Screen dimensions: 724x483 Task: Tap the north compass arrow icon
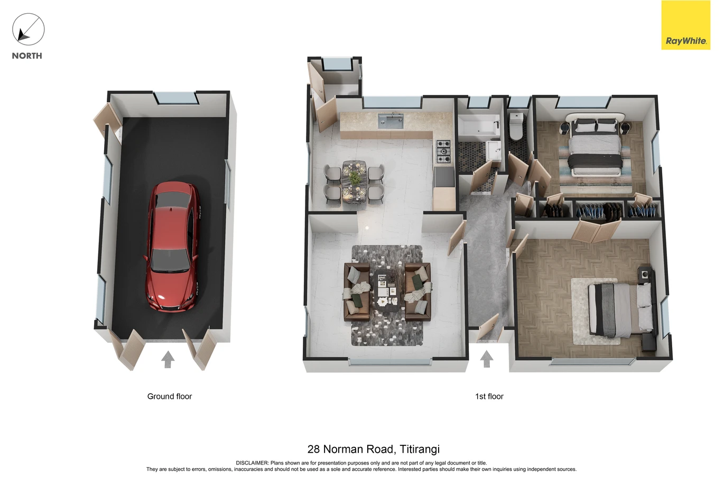(28, 29)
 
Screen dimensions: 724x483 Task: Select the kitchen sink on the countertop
(391, 121)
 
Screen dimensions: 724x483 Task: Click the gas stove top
(443, 151)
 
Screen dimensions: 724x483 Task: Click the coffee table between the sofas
(387, 291)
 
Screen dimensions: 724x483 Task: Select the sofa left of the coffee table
(357, 292)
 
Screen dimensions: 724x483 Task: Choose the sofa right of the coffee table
(417, 292)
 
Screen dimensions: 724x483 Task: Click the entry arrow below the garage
(168, 359)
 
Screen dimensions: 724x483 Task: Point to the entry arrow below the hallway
(486, 359)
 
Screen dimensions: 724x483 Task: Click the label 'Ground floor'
(169, 396)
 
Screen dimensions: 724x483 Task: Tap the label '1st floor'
(489, 396)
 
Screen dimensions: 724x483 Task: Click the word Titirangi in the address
(420, 449)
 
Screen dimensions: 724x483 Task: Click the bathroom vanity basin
(494, 150)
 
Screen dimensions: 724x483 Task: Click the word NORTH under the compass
(27, 56)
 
